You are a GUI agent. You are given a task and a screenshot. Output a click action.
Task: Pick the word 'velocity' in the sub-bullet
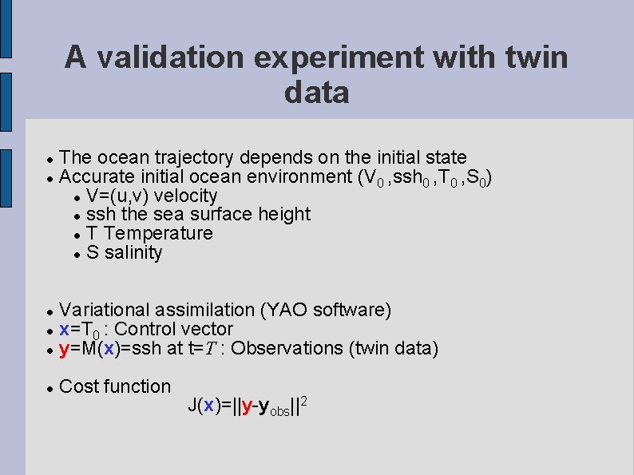(185, 196)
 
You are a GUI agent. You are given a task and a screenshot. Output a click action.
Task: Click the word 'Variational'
(104, 310)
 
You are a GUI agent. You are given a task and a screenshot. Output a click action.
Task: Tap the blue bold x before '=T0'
(64, 330)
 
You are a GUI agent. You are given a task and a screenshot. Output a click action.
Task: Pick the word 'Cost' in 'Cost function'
(77, 386)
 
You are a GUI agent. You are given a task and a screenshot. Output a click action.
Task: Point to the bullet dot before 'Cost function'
(49, 388)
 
